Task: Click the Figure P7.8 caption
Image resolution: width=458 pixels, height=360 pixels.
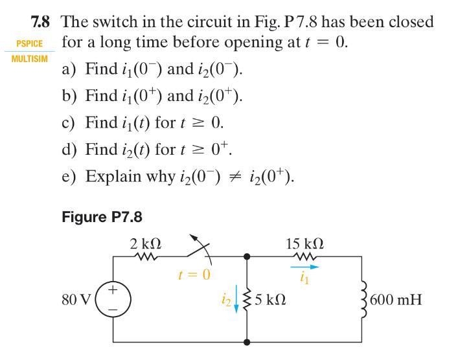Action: [x=102, y=216]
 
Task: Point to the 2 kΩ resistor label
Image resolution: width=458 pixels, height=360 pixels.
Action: [x=145, y=244]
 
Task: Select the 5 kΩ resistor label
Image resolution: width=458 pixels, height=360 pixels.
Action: [x=271, y=300]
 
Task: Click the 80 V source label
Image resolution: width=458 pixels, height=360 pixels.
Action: [x=75, y=300]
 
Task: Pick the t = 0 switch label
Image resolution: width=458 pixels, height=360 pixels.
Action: [x=194, y=275]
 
